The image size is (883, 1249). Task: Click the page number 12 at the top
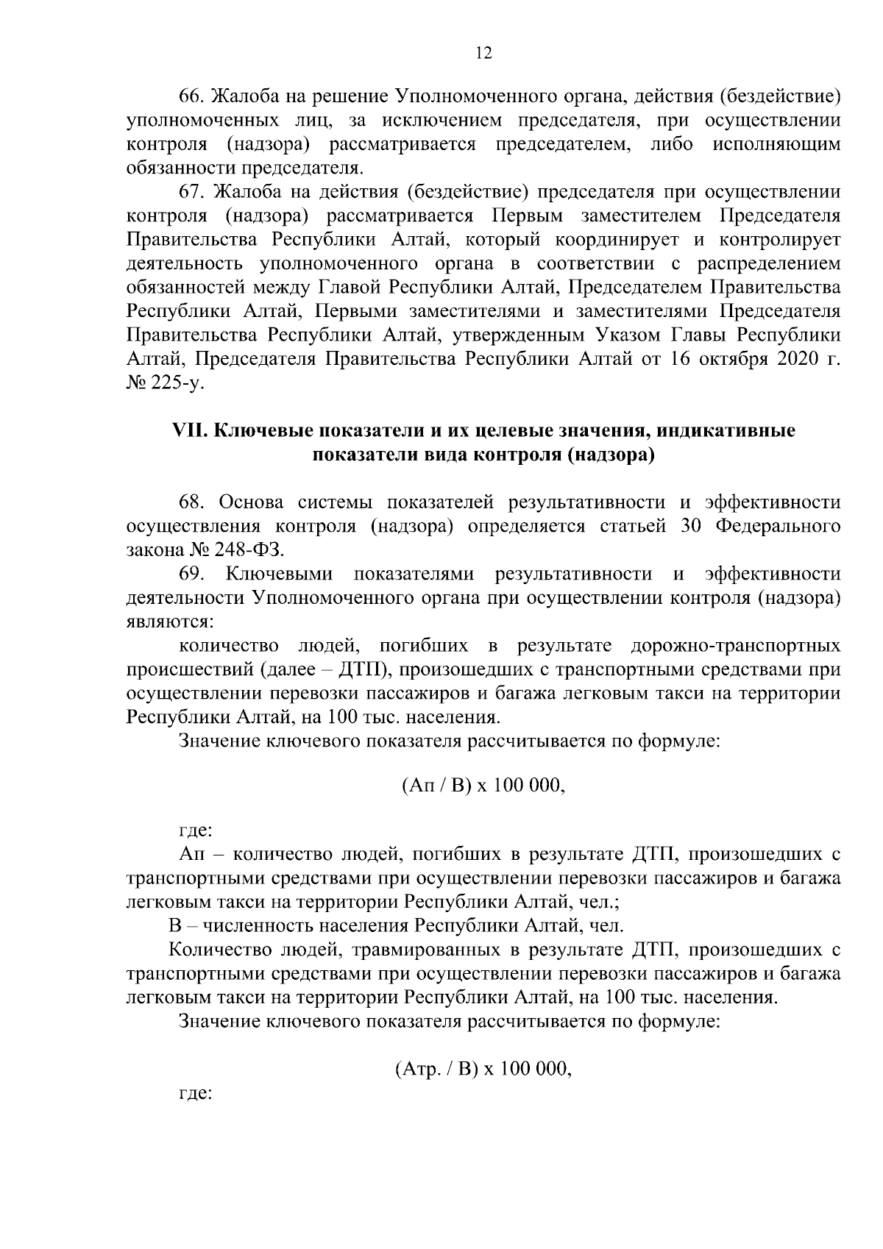point(483,52)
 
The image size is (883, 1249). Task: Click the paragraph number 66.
point(192,96)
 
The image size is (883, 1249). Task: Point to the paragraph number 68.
point(192,502)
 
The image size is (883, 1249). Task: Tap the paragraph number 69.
point(192,574)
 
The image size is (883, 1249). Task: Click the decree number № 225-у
point(165,383)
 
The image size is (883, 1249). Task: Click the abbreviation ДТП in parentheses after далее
point(358,670)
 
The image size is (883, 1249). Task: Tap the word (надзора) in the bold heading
point(610,455)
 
